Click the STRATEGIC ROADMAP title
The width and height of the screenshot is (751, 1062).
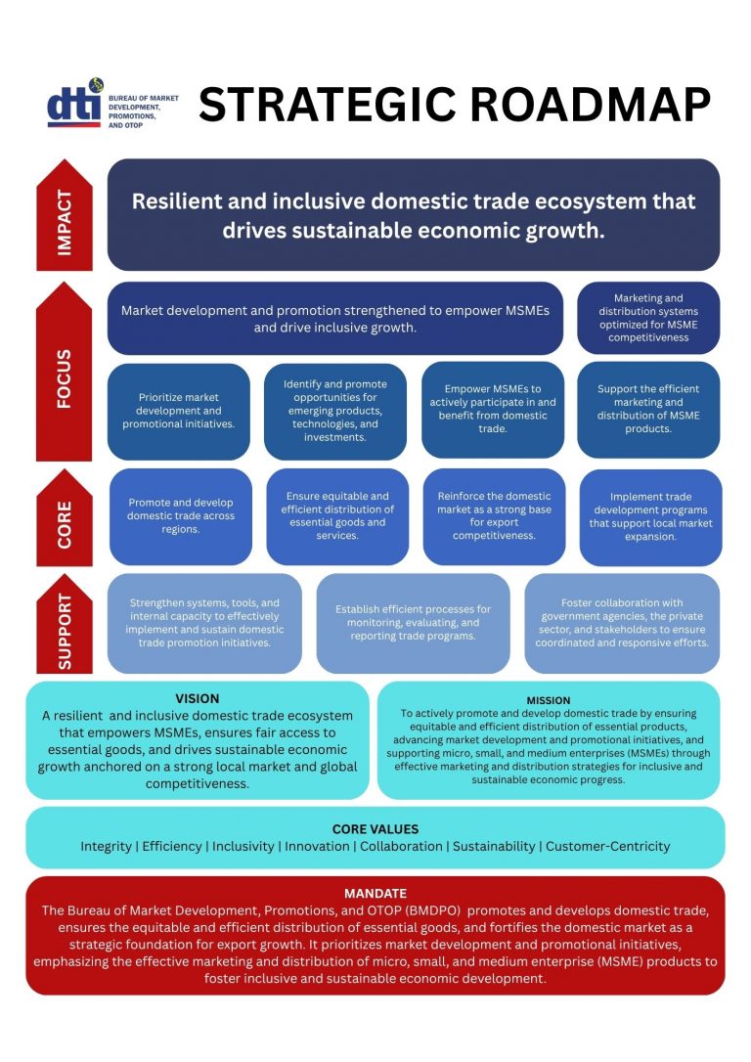click(455, 105)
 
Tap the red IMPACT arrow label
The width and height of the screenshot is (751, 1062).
click(65, 215)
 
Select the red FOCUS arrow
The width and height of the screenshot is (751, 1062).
click(65, 372)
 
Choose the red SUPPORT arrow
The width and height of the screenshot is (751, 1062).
click(65, 623)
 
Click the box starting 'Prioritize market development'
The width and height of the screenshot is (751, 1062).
click(179, 411)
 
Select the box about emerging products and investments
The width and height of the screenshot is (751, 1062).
click(335, 411)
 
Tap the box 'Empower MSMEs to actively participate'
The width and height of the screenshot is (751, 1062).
click(492, 409)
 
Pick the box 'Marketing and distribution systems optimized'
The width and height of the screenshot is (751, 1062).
click(648, 318)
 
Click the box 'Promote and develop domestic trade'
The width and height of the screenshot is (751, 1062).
click(181, 516)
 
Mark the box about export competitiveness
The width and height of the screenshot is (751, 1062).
click(495, 516)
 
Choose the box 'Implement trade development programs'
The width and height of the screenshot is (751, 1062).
click(651, 516)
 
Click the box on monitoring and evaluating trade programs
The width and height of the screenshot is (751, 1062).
click(413, 623)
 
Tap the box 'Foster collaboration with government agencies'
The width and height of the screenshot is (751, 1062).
click(622, 623)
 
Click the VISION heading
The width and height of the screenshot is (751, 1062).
click(198, 698)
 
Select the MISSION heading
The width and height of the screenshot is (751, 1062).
click(549, 700)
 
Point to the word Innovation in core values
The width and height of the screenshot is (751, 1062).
click(317, 846)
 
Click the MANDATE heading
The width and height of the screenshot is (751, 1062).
click(375, 894)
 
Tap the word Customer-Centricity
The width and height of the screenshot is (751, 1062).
click(608, 846)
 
